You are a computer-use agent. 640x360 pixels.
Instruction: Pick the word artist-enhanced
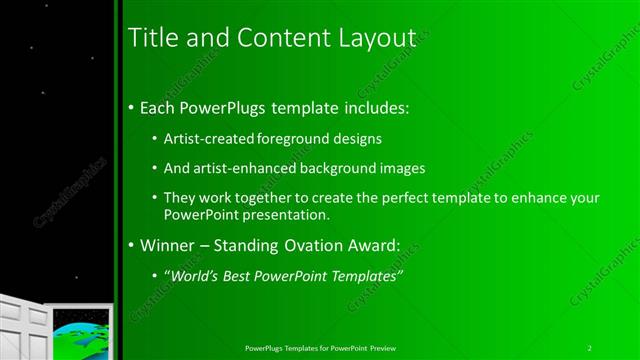(240, 169)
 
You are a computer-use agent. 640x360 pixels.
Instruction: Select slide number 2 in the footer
(590, 347)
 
